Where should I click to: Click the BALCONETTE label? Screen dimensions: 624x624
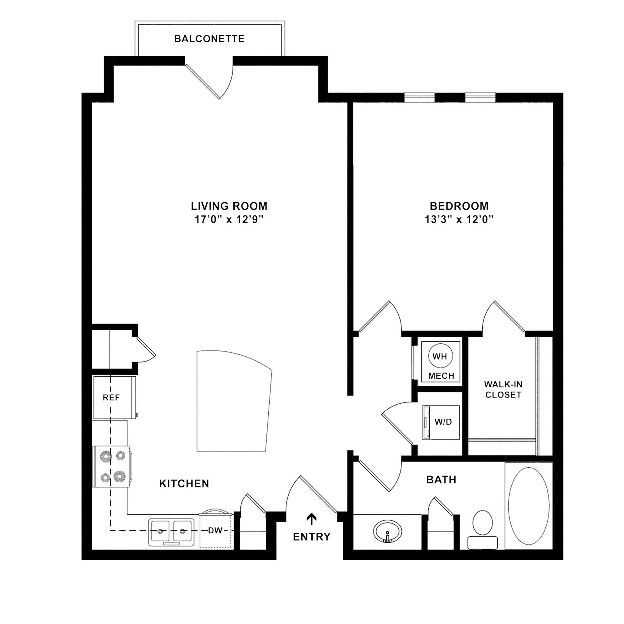coord(209,39)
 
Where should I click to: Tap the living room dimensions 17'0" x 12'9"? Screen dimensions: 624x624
coord(229,220)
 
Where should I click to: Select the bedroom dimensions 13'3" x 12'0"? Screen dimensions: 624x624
coord(459,220)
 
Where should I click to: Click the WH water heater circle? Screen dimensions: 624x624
coord(440,356)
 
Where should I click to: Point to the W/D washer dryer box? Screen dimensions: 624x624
coord(441,422)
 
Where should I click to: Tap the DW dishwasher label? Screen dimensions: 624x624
coord(215,530)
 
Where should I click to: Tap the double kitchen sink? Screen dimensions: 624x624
coord(172,532)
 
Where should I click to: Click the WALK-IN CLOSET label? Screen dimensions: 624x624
coord(503,389)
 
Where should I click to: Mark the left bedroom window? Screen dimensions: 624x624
coord(419,98)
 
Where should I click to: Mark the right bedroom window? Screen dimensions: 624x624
coord(480,98)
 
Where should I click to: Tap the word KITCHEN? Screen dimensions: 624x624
coord(184,484)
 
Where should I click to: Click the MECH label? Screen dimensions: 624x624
coord(441,376)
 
